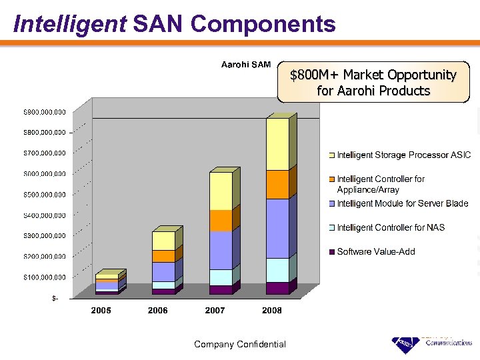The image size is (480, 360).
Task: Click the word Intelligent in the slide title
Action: (x=69, y=24)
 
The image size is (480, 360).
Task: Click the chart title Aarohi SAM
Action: (x=246, y=65)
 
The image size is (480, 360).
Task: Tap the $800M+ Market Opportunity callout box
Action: (x=373, y=83)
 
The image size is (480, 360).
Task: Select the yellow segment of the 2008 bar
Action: (x=277, y=144)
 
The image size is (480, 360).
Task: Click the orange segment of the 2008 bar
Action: (x=277, y=185)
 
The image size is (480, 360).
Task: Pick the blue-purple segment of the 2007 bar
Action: (x=220, y=250)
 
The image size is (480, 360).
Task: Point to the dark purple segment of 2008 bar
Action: (x=277, y=288)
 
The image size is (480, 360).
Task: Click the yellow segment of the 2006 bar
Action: (x=163, y=241)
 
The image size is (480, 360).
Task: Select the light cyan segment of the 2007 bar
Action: (x=220, y=277)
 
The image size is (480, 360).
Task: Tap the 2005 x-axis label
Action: (x=101, y=311)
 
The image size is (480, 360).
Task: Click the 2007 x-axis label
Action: (x=215, y=311)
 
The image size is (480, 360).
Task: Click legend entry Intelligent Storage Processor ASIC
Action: (x=403, y=155)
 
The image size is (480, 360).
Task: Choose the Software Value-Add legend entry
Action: (x=376, y=252)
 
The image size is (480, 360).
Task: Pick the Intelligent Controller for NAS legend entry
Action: (x=391, y=228)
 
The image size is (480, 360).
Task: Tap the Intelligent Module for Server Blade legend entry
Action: (x=403, y=204)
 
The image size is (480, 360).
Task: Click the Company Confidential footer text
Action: (x=239, y=345)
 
